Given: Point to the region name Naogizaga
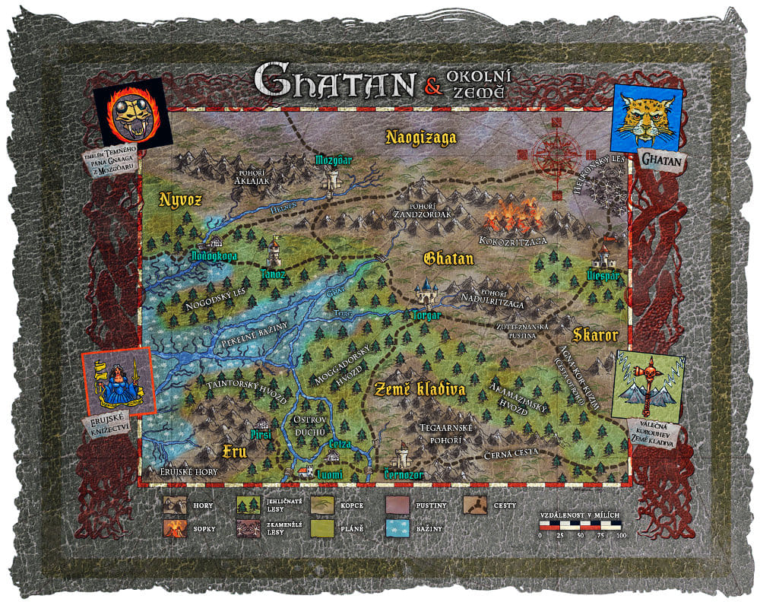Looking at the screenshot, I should pyautogui.click(x=420, y=138).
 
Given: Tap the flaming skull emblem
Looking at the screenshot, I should pyautogui.click(x=128, y=113).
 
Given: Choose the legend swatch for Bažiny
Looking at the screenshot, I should pyautogui.click(x=398, y=526).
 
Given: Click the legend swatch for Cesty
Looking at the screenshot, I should pyautogui.click(x=476, y=504).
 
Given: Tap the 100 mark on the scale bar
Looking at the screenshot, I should pyautogui.click(x=620, y=536).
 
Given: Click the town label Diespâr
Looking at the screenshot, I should pyautogui.click(x=605, y=274).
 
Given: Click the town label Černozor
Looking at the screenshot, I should pyautogui.click(x=403, y=474).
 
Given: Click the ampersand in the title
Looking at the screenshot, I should pyautogui.click(x=433, y=87).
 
